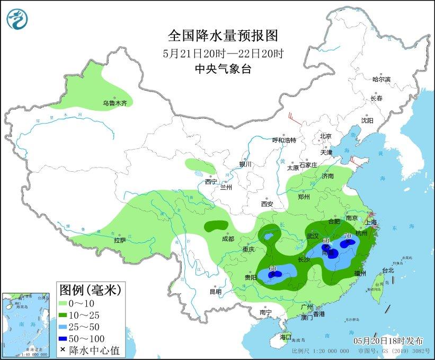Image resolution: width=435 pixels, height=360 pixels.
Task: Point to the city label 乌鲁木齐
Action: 115,104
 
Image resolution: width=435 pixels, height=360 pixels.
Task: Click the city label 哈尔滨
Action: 381,79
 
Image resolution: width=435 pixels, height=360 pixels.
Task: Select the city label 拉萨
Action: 119,240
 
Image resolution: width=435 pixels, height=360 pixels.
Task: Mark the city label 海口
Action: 285,337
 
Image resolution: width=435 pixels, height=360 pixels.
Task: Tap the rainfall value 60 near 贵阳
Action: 273,268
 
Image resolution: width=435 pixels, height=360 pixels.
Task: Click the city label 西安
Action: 267,204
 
